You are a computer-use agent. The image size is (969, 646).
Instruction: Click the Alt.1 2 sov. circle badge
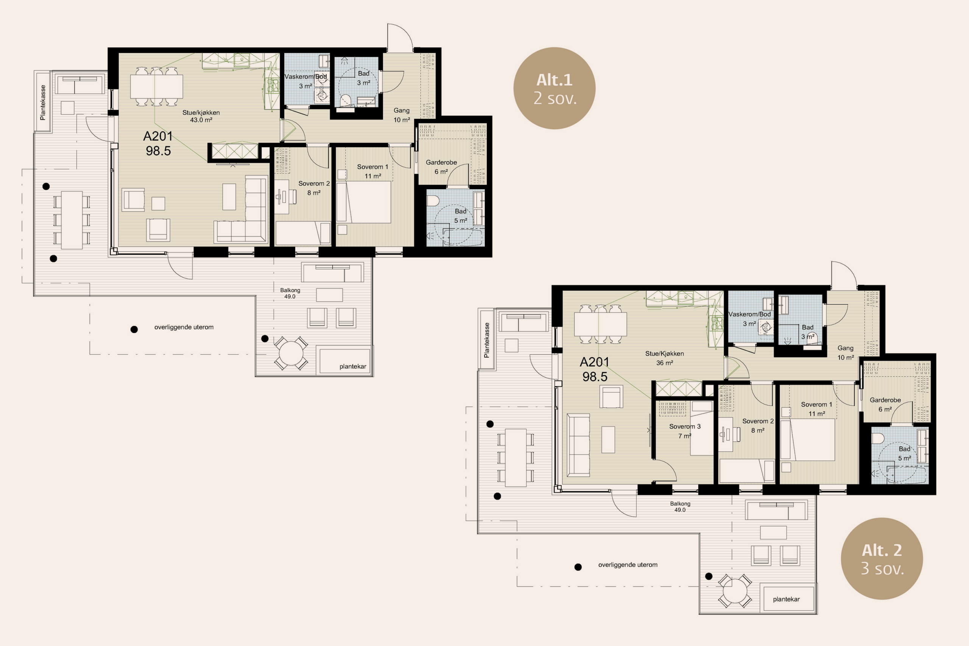click(x=554, y=88)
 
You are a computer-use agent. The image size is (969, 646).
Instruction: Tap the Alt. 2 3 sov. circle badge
click(x=882, y=558)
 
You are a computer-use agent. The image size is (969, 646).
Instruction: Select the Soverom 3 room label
click(x=685, y=427)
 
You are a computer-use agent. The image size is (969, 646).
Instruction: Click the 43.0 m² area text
click(x=201, y=120)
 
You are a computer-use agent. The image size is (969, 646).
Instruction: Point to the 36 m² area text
click(x=665, y=363)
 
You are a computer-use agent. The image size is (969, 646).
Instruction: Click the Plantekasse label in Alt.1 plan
click(x=42, y=103)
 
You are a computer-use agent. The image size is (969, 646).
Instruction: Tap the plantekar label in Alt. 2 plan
click(x=786, y=599)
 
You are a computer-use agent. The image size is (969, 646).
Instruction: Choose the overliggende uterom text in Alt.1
click(x=184, y=327)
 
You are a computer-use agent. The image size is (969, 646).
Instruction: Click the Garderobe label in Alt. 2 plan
click(x=885, y=400)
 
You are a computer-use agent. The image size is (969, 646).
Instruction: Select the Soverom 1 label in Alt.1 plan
click(x=372, y=167)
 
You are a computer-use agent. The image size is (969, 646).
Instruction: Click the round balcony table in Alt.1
click(x=291, y=353)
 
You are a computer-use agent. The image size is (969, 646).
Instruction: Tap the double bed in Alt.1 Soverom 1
click(x=363, y=202)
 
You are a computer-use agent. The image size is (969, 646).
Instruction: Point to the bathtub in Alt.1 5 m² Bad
click(x=462, y=238)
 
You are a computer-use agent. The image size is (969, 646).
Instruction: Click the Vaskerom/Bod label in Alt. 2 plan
click(x=749, y=314)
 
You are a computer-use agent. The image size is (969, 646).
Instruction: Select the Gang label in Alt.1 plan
click(x=401, y=111)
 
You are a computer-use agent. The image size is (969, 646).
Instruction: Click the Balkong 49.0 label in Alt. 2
click(x=680, y=507)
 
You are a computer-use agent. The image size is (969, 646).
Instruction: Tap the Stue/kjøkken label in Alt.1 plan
click(x=201, y=112)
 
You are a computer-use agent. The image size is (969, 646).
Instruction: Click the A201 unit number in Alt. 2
click(x=594, y=362)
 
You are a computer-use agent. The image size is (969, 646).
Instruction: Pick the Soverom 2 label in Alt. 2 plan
click(x=758, y=421)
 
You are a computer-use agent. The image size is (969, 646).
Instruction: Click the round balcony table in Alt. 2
click(x=735, y=591)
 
